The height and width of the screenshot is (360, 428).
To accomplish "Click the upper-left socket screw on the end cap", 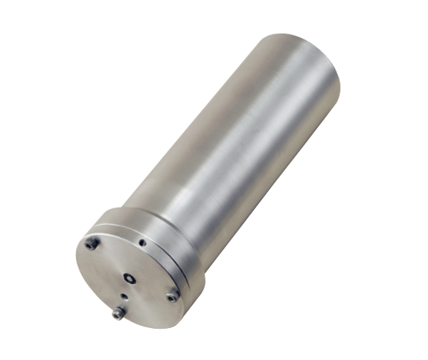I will (x=92, y=243).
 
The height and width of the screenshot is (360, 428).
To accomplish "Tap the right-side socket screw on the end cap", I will (x=172, y=296).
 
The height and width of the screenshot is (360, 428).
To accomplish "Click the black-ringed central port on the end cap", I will (x=130, y=277).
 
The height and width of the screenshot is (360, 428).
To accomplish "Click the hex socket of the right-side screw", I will (x=172, y=296).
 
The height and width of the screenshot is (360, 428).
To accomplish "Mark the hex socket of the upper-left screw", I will (x=92, y=243).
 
